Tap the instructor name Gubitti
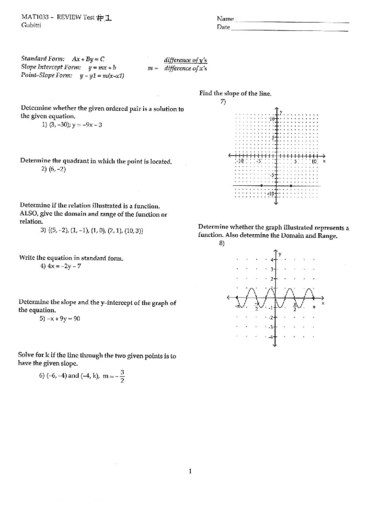[31, 25]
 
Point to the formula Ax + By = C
[88, 59]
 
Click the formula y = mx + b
[102, 67]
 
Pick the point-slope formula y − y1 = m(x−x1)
[102, 76]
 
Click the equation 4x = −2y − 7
[64, 266]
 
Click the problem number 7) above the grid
[223, 102]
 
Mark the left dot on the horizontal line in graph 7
[262, 186]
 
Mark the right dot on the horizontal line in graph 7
[291, 186]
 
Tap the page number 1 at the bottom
[190, 471]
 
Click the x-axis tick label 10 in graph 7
[314, 161]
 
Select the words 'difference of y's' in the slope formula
[186, 60]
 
